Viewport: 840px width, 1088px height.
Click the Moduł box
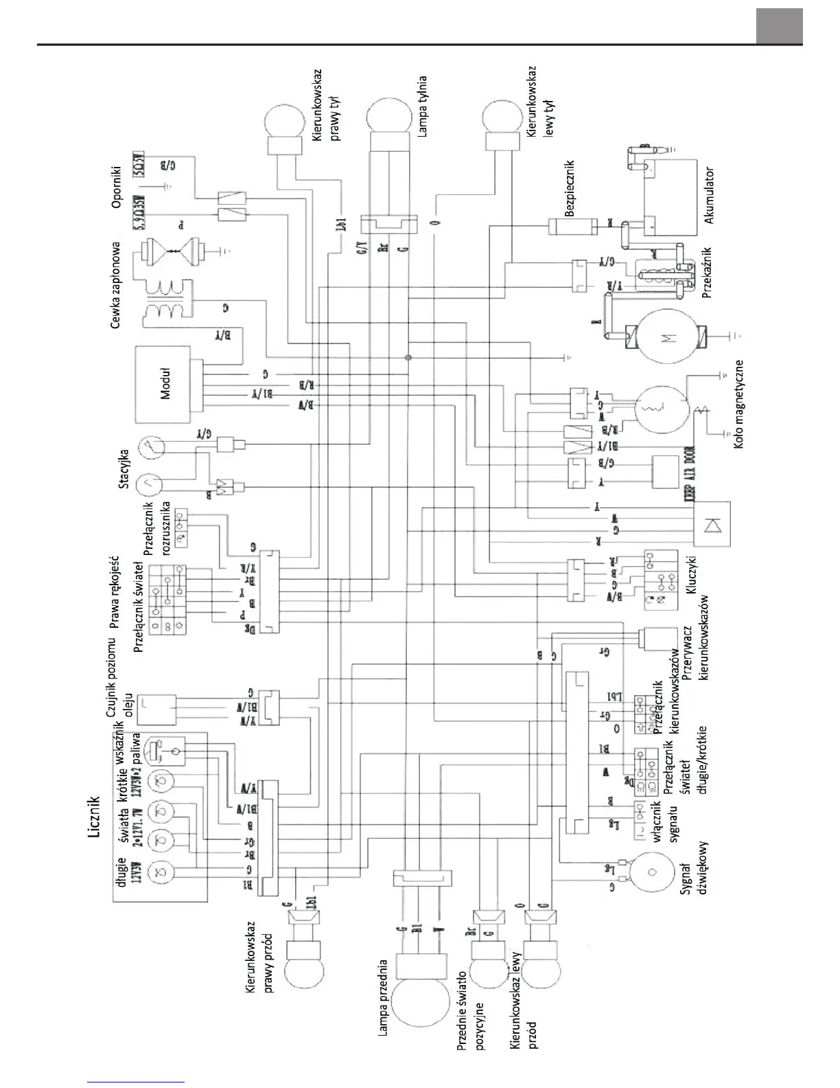pyautogui.click(x=164, y=384)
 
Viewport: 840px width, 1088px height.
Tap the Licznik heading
pyautogui.click(x=95, y=817)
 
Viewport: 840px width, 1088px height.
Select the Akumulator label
pyautogui.click(x=709, y=196)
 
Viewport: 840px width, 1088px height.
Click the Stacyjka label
pyautogui.click(x=124, y=468)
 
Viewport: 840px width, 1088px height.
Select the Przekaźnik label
pyautogui.click(x=708, y=273)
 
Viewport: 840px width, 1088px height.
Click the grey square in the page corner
pyautogui.click(x=779, y=26)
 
